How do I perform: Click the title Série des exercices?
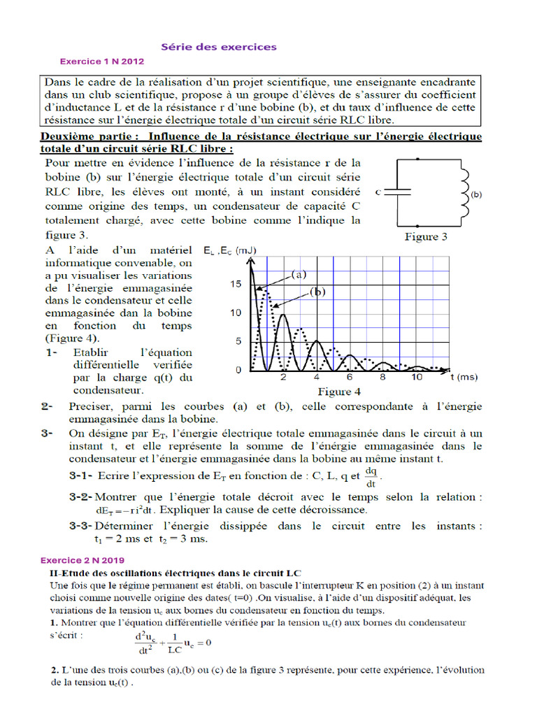click(219, 47)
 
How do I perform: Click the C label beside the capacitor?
click(378, 191)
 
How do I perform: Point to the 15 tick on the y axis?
click(235, 284)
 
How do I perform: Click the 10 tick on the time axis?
click(416, 377)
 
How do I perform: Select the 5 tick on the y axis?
click(238, 341)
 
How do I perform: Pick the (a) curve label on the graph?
click(300, 275)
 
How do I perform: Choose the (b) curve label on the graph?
click(319, 293)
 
